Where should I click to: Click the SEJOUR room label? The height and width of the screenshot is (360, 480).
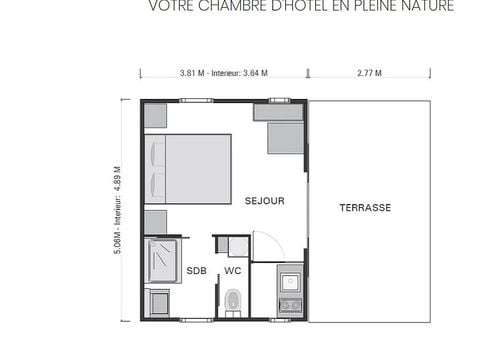tap(265, 201)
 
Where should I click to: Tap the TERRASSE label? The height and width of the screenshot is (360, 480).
tap(365, 208)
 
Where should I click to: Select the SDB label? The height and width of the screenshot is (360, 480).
tap(197, 271)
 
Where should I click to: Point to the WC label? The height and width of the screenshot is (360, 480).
tap(232, 271)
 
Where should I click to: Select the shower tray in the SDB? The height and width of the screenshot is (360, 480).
tap(161, 261)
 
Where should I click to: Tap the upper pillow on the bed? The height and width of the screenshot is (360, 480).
tap(156, 153)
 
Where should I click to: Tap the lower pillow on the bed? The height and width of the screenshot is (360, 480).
tap(156, 183)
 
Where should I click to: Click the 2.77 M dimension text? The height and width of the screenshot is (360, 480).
tap(370, 73)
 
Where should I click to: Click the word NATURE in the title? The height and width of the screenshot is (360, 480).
tap(427, 7)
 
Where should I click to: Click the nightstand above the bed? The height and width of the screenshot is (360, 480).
tap(155, 115)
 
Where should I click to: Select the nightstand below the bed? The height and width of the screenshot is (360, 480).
tap(155, 221)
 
